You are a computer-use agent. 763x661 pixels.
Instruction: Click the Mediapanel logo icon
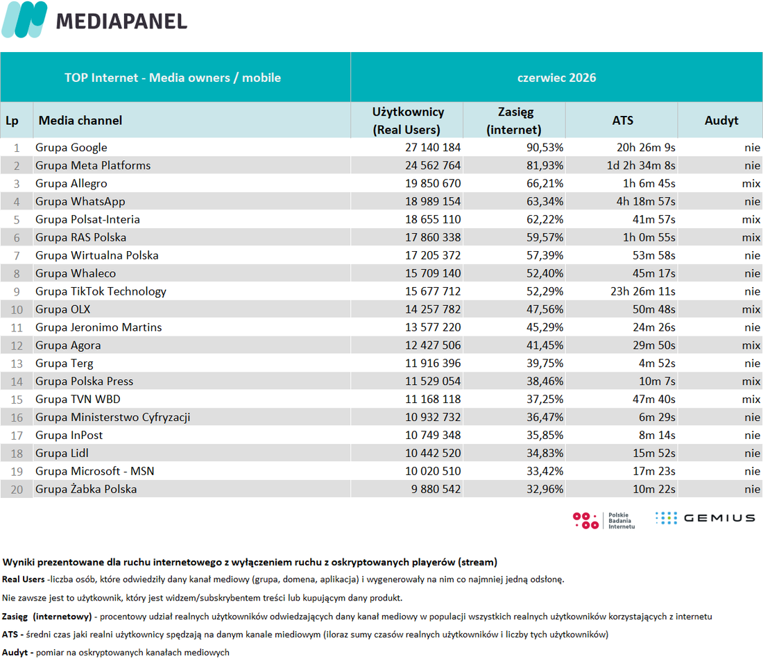(25, 19)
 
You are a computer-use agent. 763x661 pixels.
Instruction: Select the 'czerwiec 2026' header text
(556, 78)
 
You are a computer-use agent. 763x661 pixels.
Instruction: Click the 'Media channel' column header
(80, 120)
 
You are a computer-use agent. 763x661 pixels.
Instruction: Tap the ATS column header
(622, 120)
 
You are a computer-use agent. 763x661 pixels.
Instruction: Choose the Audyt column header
(721, 120)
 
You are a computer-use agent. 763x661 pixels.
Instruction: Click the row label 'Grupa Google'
(71, 148)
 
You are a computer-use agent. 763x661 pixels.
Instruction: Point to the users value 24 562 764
(433, 166)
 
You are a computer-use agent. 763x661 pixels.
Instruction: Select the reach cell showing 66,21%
(545, 184)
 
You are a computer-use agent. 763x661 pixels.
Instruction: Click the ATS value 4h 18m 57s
(646, 202)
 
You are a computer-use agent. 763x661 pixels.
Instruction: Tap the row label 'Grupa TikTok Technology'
(101, 291)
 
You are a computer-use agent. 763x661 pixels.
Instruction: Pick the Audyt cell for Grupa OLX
(751, 309)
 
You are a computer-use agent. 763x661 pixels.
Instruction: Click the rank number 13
(17, 363)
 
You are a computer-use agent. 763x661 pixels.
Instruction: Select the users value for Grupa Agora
(433, 345)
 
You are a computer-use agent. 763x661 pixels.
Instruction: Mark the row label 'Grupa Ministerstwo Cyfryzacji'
(112, 418)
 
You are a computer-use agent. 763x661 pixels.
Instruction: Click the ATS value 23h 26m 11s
(643, 291)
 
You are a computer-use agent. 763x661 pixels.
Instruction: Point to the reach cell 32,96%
(545, 489)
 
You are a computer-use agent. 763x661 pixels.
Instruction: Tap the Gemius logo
(705, 518)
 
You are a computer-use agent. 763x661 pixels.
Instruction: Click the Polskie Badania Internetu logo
(604, 520)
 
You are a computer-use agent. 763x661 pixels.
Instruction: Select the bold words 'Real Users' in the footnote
(24, 579)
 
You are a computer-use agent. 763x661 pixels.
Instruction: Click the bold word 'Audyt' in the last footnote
(15, 652)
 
